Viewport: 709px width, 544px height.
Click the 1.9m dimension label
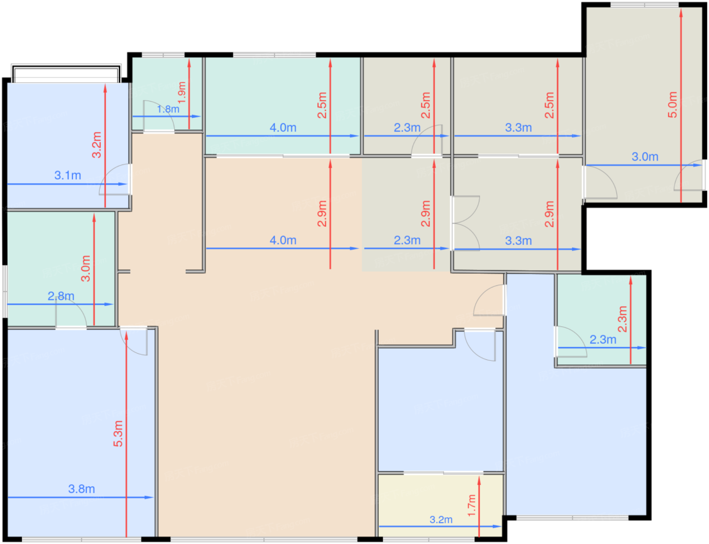182,93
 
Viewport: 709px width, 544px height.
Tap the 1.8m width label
168,109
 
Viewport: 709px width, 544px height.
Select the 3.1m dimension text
67,176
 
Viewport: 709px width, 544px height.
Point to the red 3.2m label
97,145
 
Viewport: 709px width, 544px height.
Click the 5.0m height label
673,105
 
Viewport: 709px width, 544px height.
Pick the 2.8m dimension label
61,296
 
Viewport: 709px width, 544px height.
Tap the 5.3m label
118,434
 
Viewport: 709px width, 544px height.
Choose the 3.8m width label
82,489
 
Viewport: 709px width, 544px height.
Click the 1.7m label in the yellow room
472,506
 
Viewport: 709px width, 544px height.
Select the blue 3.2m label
441,520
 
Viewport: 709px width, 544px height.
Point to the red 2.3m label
622,319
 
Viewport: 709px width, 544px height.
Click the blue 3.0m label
645,157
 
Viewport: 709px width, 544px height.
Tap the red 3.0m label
86,269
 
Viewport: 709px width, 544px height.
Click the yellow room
440,505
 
